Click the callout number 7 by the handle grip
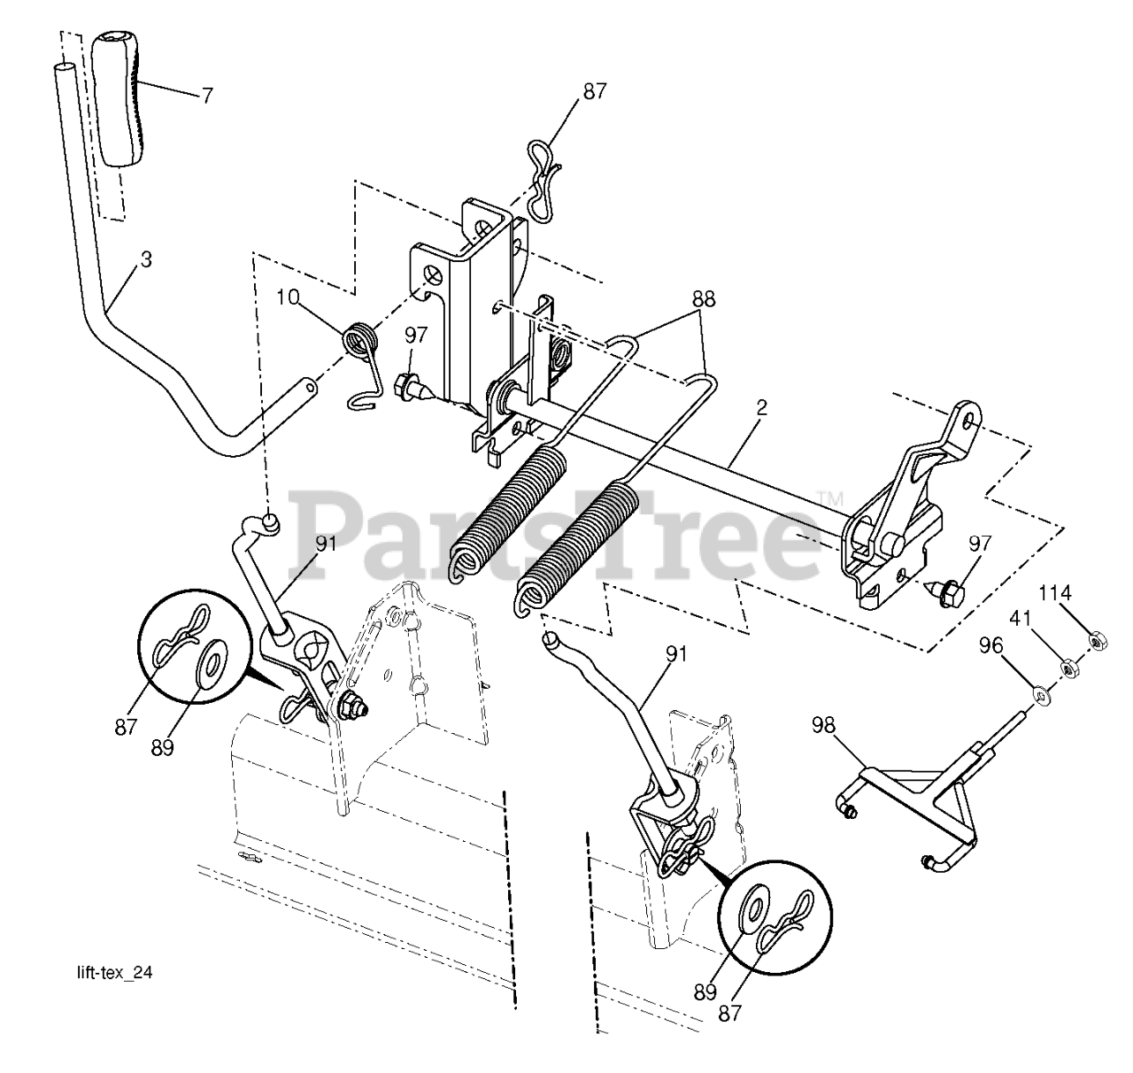tap(207, 95)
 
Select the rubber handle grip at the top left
tap(119, 99)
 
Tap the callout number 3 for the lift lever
tap(146, 260)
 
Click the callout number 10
tap(288, 297)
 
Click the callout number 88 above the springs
tap(703, 299)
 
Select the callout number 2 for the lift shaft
tap(762, 408)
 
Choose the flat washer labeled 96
tap(1041, 695)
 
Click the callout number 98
tap(823, 725)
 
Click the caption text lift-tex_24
tap(114, 973)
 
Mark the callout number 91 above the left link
tap(327, 544)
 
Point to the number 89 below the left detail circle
tap(163, 748)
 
